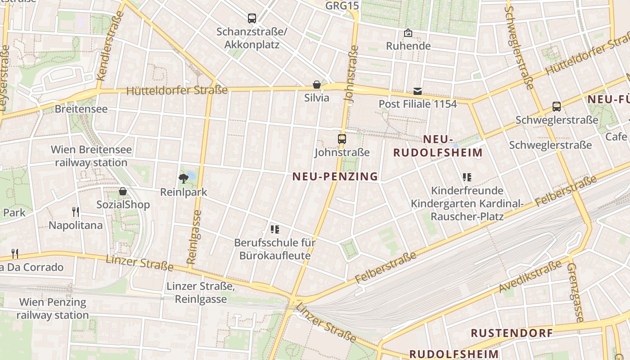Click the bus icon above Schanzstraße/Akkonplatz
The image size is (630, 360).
pyautogui.click(x=252, y=18)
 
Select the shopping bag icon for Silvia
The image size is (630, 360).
pyautogui.click(x=317, y=85)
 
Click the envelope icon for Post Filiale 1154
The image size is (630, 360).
pyautogui.click(x=418, y=91)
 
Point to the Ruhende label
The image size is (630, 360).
pyautogui.click(x=408, y=46)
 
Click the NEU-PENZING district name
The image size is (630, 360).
pyautogui.click(x=335, y=176)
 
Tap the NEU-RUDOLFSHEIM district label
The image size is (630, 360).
pyautogui.click(x=438, y=146)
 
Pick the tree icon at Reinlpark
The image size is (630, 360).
pyautogui.click(x=183, y=179)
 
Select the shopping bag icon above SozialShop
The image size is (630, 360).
pyautogui.click(x=123, y=192)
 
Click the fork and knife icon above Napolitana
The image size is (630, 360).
pyautogui.click(x=76, y=212)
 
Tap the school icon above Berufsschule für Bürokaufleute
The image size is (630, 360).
pyautogui.click(x=275, y=230)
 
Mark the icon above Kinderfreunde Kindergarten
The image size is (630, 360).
pyautogui.click(x=467, y=177)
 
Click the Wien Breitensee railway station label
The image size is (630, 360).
pyautogui.click(x=91, y=156)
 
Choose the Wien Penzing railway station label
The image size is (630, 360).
pyautogui.click(x=53, y=308)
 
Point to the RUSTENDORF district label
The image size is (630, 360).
pyautogui.click(x=512, y=333)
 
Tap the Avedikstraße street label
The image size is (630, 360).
pyautogui.click(x=531, y=276)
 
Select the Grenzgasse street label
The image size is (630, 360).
pyautogui.click(x=576, y=292)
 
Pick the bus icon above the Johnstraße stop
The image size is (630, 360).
pyautogui.click(x=342, y=139)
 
